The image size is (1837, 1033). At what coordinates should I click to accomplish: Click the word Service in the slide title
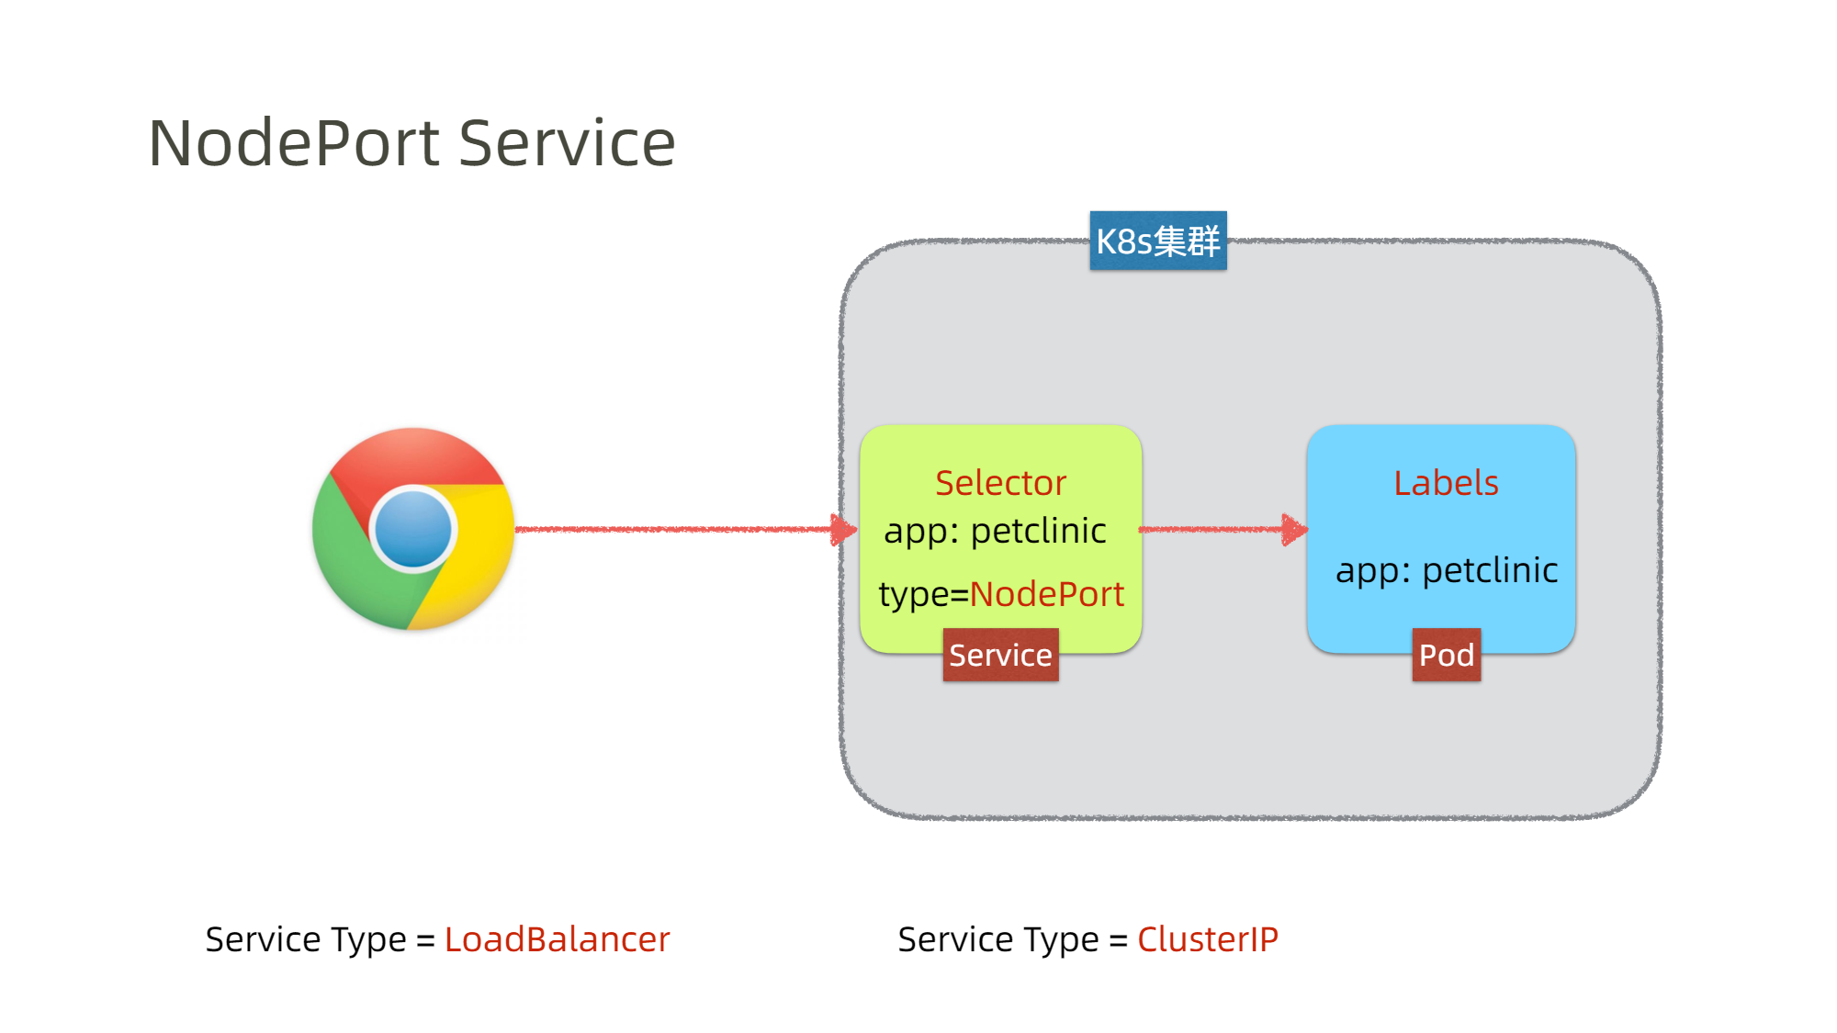567,143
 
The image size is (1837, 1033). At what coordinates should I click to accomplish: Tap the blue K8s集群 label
1158,241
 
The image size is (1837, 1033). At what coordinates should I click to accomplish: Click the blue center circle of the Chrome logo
413,530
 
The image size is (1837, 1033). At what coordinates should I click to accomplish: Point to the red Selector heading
1000,483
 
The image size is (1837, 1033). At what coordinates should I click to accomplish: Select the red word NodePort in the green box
1046,594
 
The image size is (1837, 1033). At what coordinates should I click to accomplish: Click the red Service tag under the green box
1000,655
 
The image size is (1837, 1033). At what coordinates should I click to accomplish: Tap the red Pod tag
1447,655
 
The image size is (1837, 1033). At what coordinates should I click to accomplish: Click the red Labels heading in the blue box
1446,483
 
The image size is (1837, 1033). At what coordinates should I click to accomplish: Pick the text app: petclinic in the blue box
1447,571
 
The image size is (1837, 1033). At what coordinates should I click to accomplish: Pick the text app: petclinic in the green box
995,532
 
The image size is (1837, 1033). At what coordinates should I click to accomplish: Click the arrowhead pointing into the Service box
844,530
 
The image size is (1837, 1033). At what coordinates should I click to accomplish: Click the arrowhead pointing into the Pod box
1295,530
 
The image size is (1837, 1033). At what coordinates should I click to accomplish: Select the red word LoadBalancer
557,939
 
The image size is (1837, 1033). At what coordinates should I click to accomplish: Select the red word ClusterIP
1207,939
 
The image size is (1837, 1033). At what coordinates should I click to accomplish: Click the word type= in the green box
923,595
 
